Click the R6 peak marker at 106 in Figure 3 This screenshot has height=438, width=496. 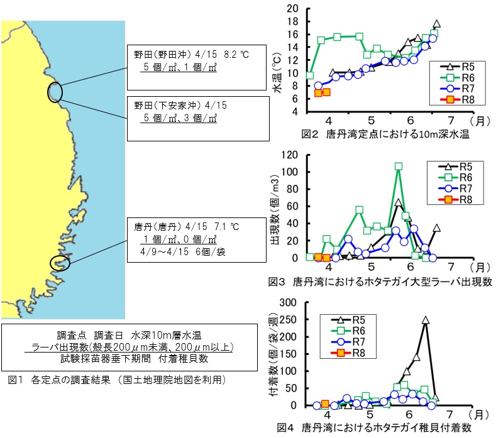[399, 167]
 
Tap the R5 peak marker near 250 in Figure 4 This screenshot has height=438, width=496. [426, 320]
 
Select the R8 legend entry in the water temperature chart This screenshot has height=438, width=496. [460, 100]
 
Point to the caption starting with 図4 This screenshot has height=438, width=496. [375, 428]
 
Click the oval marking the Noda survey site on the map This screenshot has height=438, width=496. [55, 92]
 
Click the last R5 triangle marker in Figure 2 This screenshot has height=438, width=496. [436, 24]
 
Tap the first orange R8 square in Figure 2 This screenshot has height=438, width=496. [318, 93]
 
